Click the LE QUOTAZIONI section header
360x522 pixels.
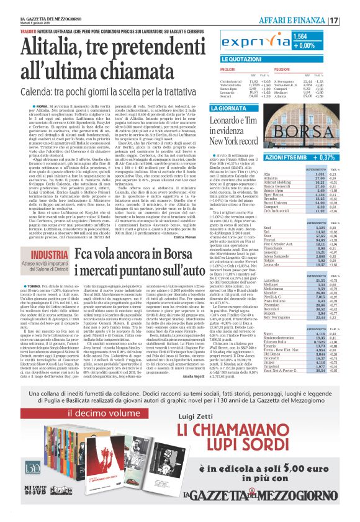[256, 58]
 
